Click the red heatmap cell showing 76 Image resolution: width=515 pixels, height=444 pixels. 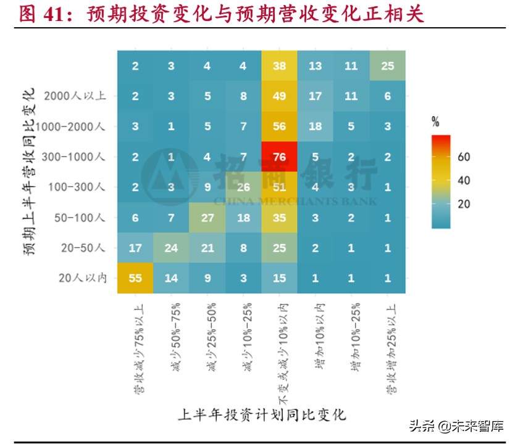[280, 156]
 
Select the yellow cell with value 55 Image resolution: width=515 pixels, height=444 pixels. [135, 277]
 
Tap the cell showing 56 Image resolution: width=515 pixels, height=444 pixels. [280, 126]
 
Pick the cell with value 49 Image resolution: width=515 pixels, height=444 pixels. [280, 96]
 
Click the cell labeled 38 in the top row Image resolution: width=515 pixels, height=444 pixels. [280, 65]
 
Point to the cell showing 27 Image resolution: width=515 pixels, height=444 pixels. [207, 217]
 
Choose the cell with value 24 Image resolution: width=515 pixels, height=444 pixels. [172, 247]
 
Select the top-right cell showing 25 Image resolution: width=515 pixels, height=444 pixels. [388, 65]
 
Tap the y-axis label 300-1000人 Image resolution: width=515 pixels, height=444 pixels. [74, 157]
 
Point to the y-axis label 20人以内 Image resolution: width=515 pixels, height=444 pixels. [82, 278]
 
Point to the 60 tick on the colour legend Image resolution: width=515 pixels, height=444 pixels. [463, 157]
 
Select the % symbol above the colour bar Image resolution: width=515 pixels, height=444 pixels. [435, 122]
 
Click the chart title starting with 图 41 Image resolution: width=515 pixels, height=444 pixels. [222, 14]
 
